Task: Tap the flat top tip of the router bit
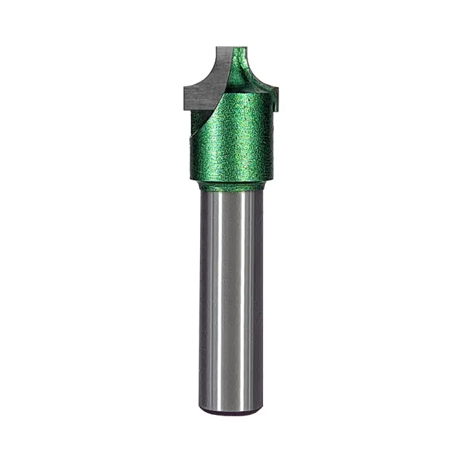pyautogui.click(x=231, y=48)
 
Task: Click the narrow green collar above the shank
pyautogui.click(x=231, y=185)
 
